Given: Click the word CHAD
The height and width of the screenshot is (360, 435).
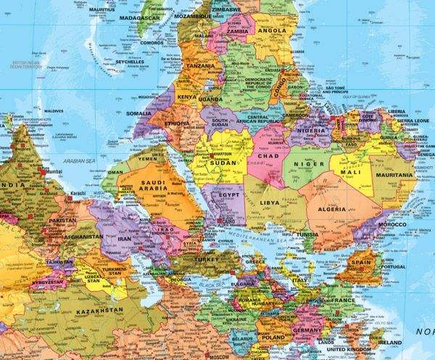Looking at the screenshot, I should click(x=268, y=155).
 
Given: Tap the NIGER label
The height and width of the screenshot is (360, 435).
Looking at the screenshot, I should click(x=309, y=165).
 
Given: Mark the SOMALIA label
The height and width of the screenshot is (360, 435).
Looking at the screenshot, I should click(x=138, y=113).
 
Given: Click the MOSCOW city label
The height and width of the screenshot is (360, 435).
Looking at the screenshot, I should click(x=222, y=356).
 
